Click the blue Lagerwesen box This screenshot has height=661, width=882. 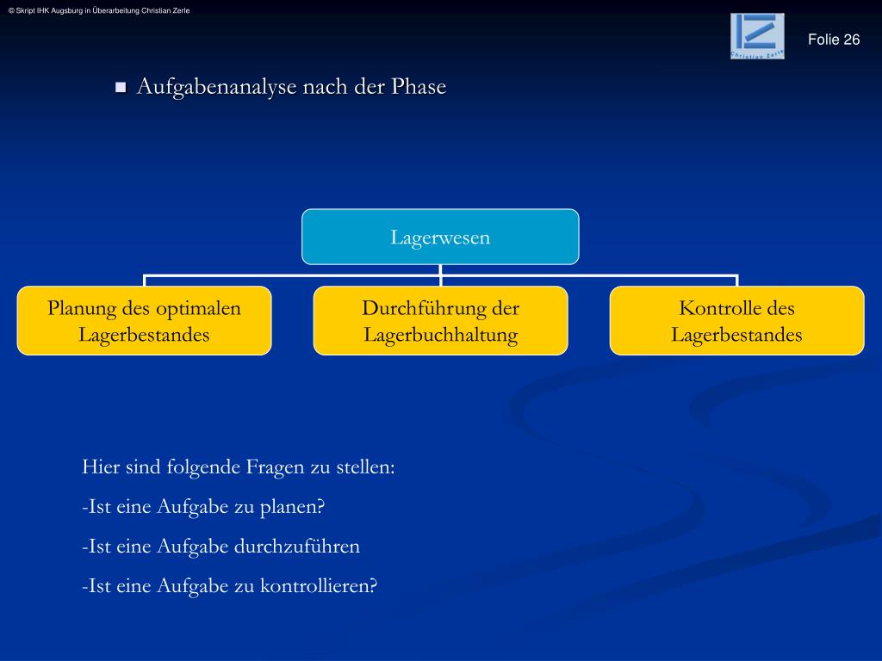(440, 237)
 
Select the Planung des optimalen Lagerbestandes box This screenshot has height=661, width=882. (144, 321)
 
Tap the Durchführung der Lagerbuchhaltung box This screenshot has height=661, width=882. (440, 321)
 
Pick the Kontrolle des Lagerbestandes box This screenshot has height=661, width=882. (736, 321)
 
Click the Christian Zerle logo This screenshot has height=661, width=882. (757, 36)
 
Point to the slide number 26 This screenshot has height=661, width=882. (852, 40)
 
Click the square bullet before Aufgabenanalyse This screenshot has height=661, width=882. (121, 87)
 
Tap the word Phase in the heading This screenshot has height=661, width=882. (419, 87)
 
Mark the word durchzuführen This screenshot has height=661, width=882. (306, 547)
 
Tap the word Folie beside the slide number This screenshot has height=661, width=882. (823, 40)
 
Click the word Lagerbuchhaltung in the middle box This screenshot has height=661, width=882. (440, 335)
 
